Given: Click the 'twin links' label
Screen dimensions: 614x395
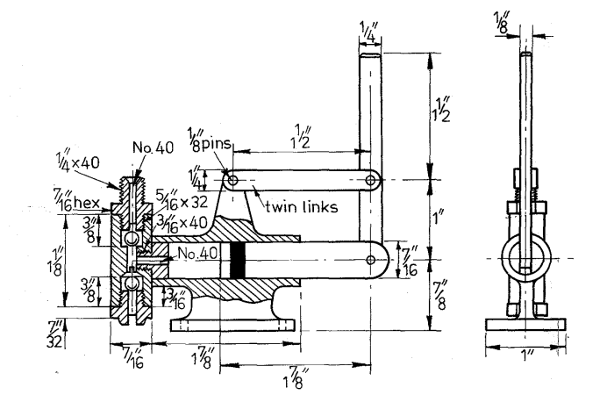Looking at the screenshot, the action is [301, 206].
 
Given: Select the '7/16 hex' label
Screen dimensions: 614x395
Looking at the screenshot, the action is [77, 200].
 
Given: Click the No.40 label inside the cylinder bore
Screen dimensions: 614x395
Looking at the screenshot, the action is [197, 253].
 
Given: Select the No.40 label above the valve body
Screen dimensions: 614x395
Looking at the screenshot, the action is [153, 147].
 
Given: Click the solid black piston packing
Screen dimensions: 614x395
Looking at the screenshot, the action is [238, 260].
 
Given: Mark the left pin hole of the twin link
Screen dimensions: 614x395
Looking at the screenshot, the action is [233, 181].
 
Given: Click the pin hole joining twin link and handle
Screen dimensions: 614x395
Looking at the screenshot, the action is [370, 180].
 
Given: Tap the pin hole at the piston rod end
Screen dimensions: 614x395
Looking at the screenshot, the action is [370, 260].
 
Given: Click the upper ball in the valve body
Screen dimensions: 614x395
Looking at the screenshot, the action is [131, 238].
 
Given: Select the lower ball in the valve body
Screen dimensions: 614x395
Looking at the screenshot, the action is [131, 284].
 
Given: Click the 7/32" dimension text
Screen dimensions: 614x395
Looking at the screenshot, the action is [54, 334].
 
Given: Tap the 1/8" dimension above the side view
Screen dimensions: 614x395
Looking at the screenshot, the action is [502, 22].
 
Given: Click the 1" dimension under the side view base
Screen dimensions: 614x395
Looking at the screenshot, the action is [526, 355].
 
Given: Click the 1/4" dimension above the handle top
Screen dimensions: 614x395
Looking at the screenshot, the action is [369, 32].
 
